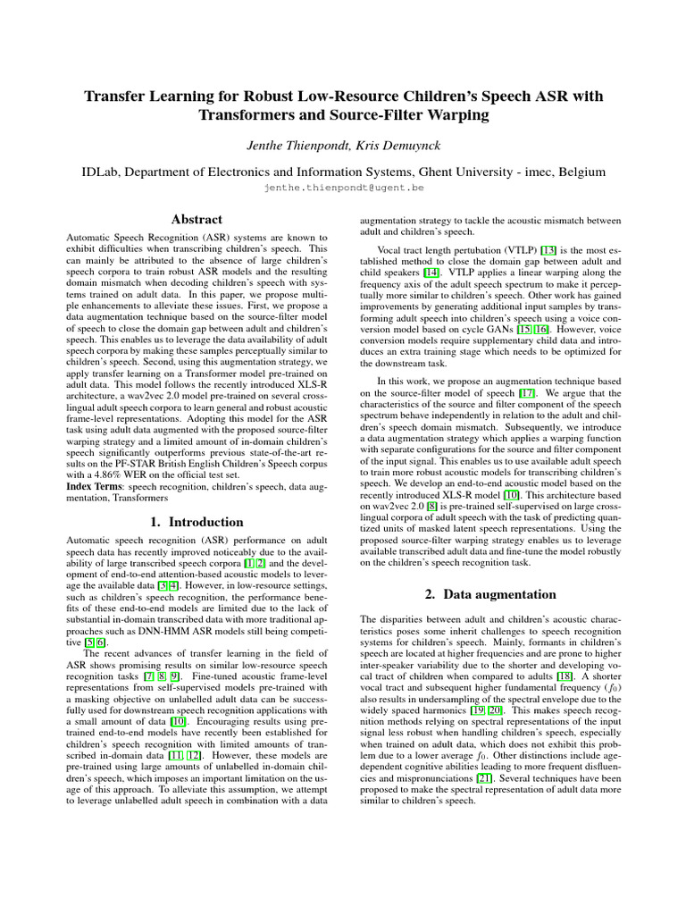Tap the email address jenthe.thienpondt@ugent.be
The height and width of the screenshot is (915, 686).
(x=343, y=189)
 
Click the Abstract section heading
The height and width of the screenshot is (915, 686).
(x=196, y=219)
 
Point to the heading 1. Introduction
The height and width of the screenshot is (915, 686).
(x=196, y=522)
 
